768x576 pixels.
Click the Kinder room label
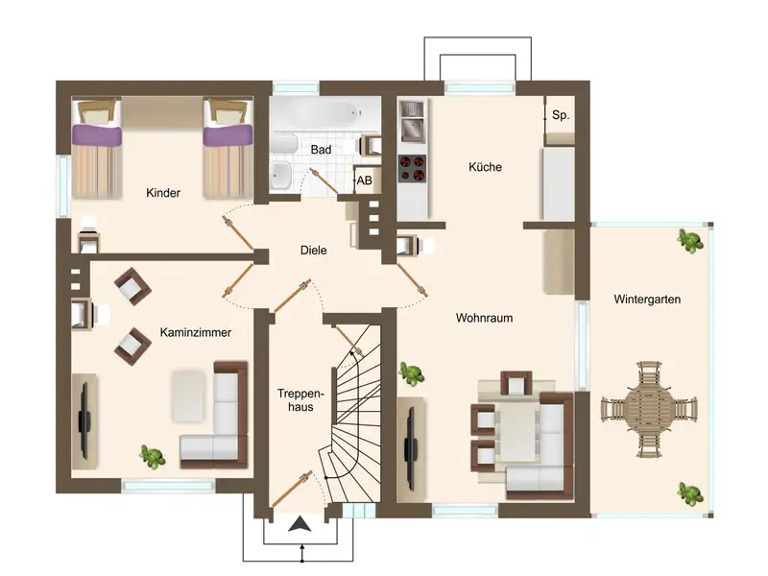pos(163,193)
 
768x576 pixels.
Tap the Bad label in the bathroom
pos(321,150)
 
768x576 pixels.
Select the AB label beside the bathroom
pos(364,180)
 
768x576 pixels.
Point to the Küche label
pos(485,166)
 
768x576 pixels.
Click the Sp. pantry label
pos(561,115)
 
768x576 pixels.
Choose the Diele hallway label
pos(314,251)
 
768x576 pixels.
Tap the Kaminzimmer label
pos(196,332)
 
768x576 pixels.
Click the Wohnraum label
pos(484,318)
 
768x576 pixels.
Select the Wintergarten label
pos(647,300)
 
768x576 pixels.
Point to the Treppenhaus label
pos(300,399)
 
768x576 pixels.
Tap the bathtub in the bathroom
pos(325,114)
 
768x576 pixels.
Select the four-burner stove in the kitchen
pos(412,169)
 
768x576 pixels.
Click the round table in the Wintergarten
pos(650,410)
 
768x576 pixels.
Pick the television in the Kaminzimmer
pos(84,421)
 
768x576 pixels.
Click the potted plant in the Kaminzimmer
pos(153,457)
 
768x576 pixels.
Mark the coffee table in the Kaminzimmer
pos(188,396)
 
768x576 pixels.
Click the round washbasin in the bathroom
pos(281,174)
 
